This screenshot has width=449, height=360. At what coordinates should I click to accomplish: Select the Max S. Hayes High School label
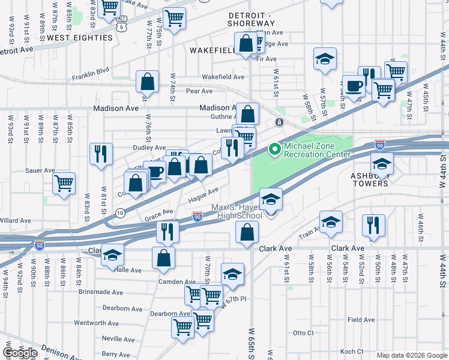[237, 212]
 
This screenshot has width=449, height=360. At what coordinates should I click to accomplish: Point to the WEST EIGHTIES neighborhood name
[80, 38]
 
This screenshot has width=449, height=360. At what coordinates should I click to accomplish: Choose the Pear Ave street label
[199, 91]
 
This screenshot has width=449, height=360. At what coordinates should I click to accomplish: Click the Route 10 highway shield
[120, 213]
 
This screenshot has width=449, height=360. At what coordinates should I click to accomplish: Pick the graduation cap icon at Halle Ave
[112, 255]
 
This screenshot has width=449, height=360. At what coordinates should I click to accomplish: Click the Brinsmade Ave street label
[100, 292]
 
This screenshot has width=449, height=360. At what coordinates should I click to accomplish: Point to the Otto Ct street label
[303, 332]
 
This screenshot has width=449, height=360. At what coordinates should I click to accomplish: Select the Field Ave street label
[361, 320]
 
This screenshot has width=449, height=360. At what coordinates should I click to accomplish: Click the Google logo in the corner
[20, 353]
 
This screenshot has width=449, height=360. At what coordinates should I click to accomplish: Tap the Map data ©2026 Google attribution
[411, 355]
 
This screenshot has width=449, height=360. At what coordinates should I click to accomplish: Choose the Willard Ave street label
[16, 221]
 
